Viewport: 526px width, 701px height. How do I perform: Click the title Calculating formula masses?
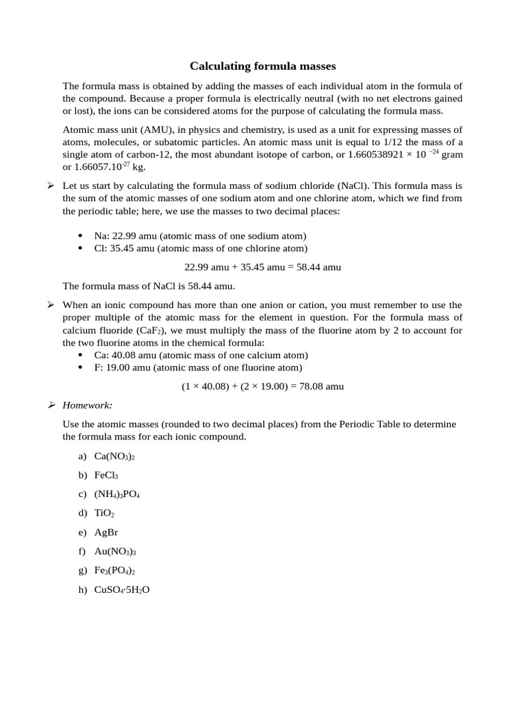pos(263,66)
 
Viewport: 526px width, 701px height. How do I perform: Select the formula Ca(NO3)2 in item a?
pos(114,457)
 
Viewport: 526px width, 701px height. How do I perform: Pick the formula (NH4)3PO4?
pos(117,494)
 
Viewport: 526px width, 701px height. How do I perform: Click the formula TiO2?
pos(104,513)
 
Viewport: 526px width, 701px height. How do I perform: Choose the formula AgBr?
pos(106,532)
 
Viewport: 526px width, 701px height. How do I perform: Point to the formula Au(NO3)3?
pos(115,551)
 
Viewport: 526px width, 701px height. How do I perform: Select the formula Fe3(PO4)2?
pos(115,570)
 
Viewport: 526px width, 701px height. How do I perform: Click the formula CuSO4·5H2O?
pos(122,589)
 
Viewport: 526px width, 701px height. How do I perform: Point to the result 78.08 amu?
pos(321,386)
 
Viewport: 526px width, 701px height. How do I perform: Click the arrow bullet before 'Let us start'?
pos(51,186)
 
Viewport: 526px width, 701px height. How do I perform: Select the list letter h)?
pos(83,589)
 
